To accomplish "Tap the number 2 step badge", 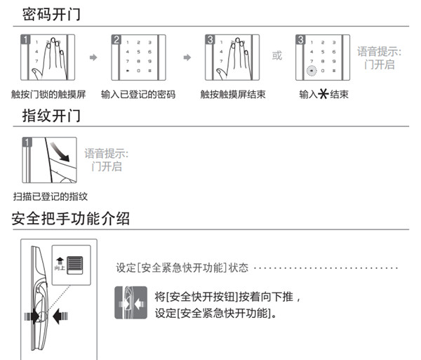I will (116, 39).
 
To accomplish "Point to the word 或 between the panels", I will (277, 55).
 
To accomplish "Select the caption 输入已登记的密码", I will (138, 94).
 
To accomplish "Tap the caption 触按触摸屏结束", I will (231, 94).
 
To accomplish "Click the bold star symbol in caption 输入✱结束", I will (323, 94).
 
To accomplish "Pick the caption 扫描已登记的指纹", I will (50, 196).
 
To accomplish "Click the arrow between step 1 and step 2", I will (93, 57).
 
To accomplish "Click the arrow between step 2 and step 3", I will (187, 57).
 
